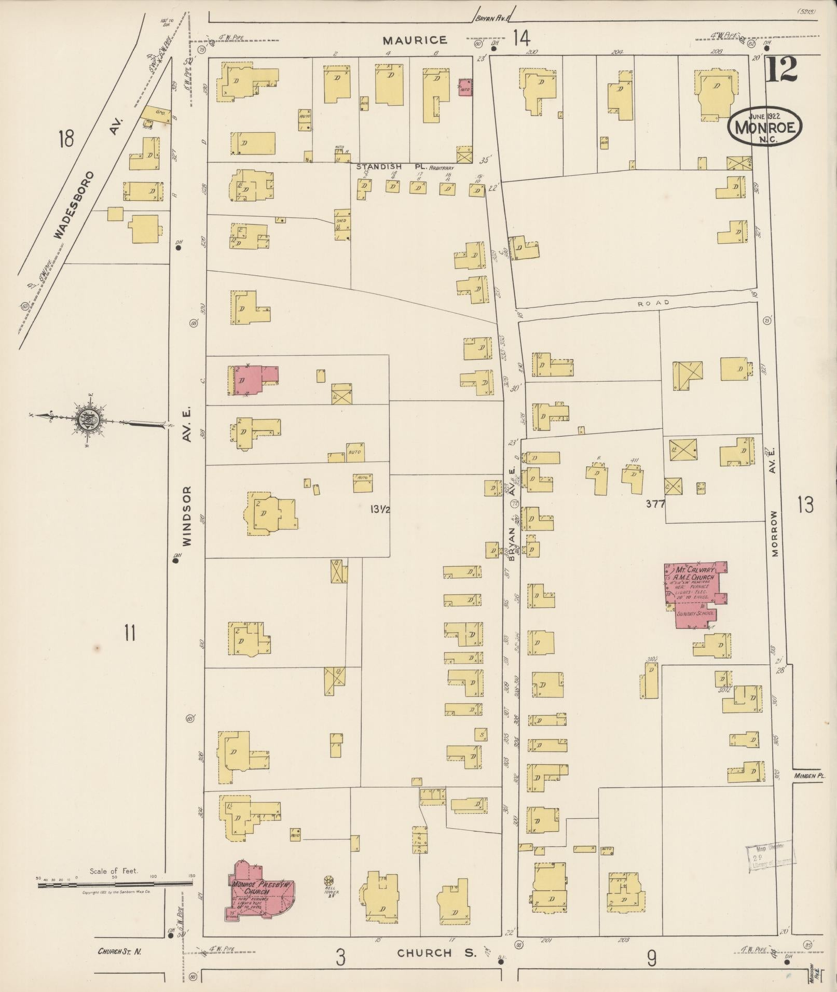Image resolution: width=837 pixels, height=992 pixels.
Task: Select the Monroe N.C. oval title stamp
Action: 765,125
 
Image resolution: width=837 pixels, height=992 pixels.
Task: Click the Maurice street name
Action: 415,40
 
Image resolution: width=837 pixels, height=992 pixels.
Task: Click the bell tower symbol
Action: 328,881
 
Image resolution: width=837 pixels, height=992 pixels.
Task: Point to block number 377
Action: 656,503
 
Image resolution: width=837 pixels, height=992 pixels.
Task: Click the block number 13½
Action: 380,510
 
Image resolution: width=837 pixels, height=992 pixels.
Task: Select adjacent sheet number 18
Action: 66,139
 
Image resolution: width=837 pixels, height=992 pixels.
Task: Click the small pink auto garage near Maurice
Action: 465,88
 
